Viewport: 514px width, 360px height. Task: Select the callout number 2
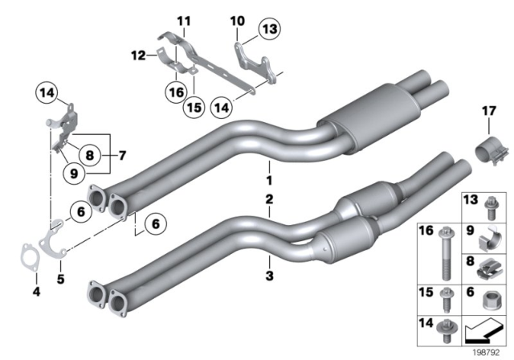click(270, 198)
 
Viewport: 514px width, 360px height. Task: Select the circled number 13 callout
click(267, 31)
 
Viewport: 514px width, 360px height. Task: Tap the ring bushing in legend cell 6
click(487, 300)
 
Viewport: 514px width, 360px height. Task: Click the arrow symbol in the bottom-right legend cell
click(486, 329)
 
